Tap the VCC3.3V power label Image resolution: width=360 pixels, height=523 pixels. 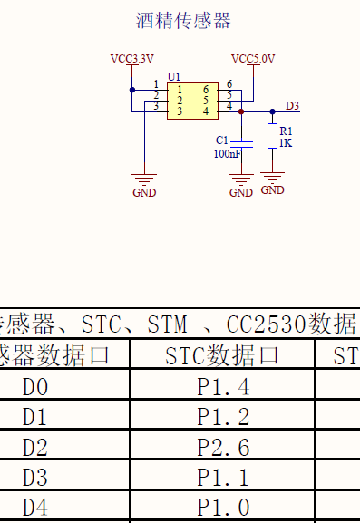pyautogui.click(x=132, y=59)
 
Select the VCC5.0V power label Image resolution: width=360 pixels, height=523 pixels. pyautogui.click(x=253, y=59)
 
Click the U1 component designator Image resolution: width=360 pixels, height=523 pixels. pyautogui.click(x=174, y=76)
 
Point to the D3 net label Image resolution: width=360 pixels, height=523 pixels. pyautogui.click(x=292, y=106)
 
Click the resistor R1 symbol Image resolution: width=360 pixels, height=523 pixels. pyautogui.click(x=272, y=136)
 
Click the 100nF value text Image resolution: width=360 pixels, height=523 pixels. pyautogui.click(x=228, y=154)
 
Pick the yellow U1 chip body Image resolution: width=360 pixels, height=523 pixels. pyautogui.click(x=192, y=101)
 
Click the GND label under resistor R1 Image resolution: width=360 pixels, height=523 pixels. pyautogui.click(x=272, y=190)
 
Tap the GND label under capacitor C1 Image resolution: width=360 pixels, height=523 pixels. pyautogui.click(x=241, y=192)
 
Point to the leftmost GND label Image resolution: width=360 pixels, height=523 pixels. pyautogui.click(x=144, y=192)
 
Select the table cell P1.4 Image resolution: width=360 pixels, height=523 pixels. pyautogui.click(x=222, y=387)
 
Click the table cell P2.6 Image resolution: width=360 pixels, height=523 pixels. pyautogui.click(x=222, y=447)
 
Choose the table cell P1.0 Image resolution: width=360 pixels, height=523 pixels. pyautogui.click(x=222, y=508)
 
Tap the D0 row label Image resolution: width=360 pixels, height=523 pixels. pyautogui.click(x=35, y=387)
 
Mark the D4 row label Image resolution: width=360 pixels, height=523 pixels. pyautogui.click(x=35, y=508)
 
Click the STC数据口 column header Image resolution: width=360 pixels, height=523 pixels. pyautogui.click(x=222, y=355)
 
